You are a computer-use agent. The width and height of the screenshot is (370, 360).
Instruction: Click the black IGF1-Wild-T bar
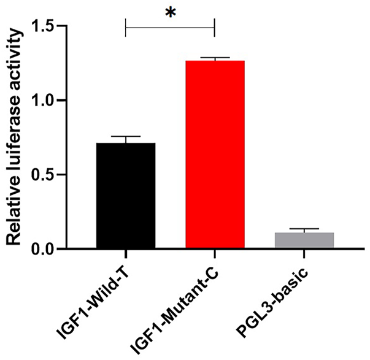pos(125,196)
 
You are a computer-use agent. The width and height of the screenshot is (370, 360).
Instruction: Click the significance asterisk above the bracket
pos(170,13)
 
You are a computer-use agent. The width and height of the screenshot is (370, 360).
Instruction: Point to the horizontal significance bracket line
pos(170,26)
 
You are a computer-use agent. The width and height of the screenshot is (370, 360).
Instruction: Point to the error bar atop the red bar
pos(215,58)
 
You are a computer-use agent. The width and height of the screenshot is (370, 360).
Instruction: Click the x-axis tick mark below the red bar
pos(215,253)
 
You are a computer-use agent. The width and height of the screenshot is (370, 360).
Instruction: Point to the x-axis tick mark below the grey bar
pos(304,253)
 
